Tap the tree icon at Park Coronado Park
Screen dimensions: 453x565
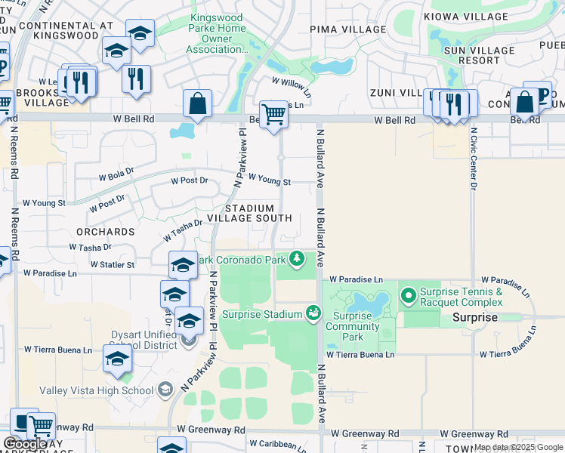pyautogui.click(x=298, y=260)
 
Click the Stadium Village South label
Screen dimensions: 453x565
pyautogui.click(x=259, y=213)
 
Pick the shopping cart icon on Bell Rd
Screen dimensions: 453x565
pyautogui.click(x=273, y=114)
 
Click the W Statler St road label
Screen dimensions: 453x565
pyautogui.click(x=112, y=265)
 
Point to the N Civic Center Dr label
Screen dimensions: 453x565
pyautogui.click(x=474, y=158)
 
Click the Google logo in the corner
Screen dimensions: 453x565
pyautogui.click(x=25, y=444)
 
